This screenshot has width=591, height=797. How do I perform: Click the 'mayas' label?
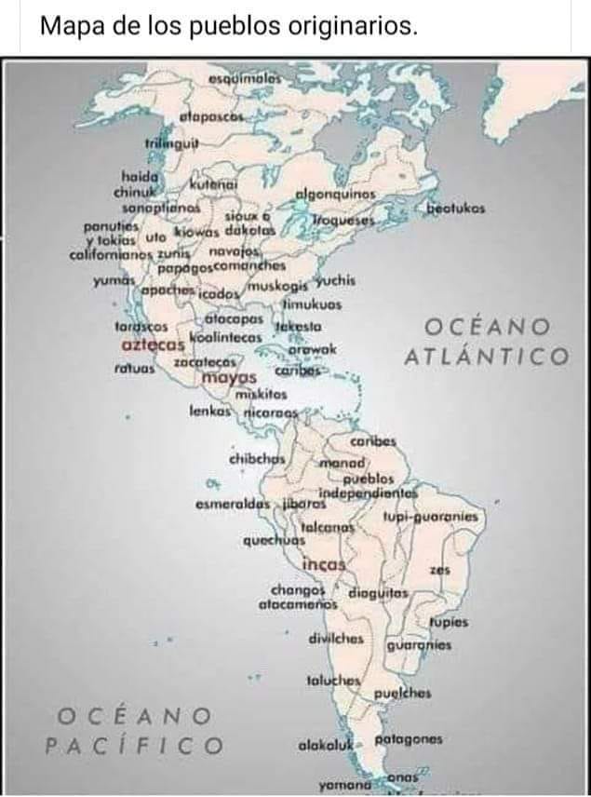tap(228, 378)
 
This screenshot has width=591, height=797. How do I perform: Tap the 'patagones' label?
tap(408, 739)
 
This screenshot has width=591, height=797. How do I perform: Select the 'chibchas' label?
tap(256, 458)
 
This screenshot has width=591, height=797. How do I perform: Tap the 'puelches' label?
tap(403, 693)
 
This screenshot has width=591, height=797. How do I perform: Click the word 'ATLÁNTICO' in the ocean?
tap(486, 357)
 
